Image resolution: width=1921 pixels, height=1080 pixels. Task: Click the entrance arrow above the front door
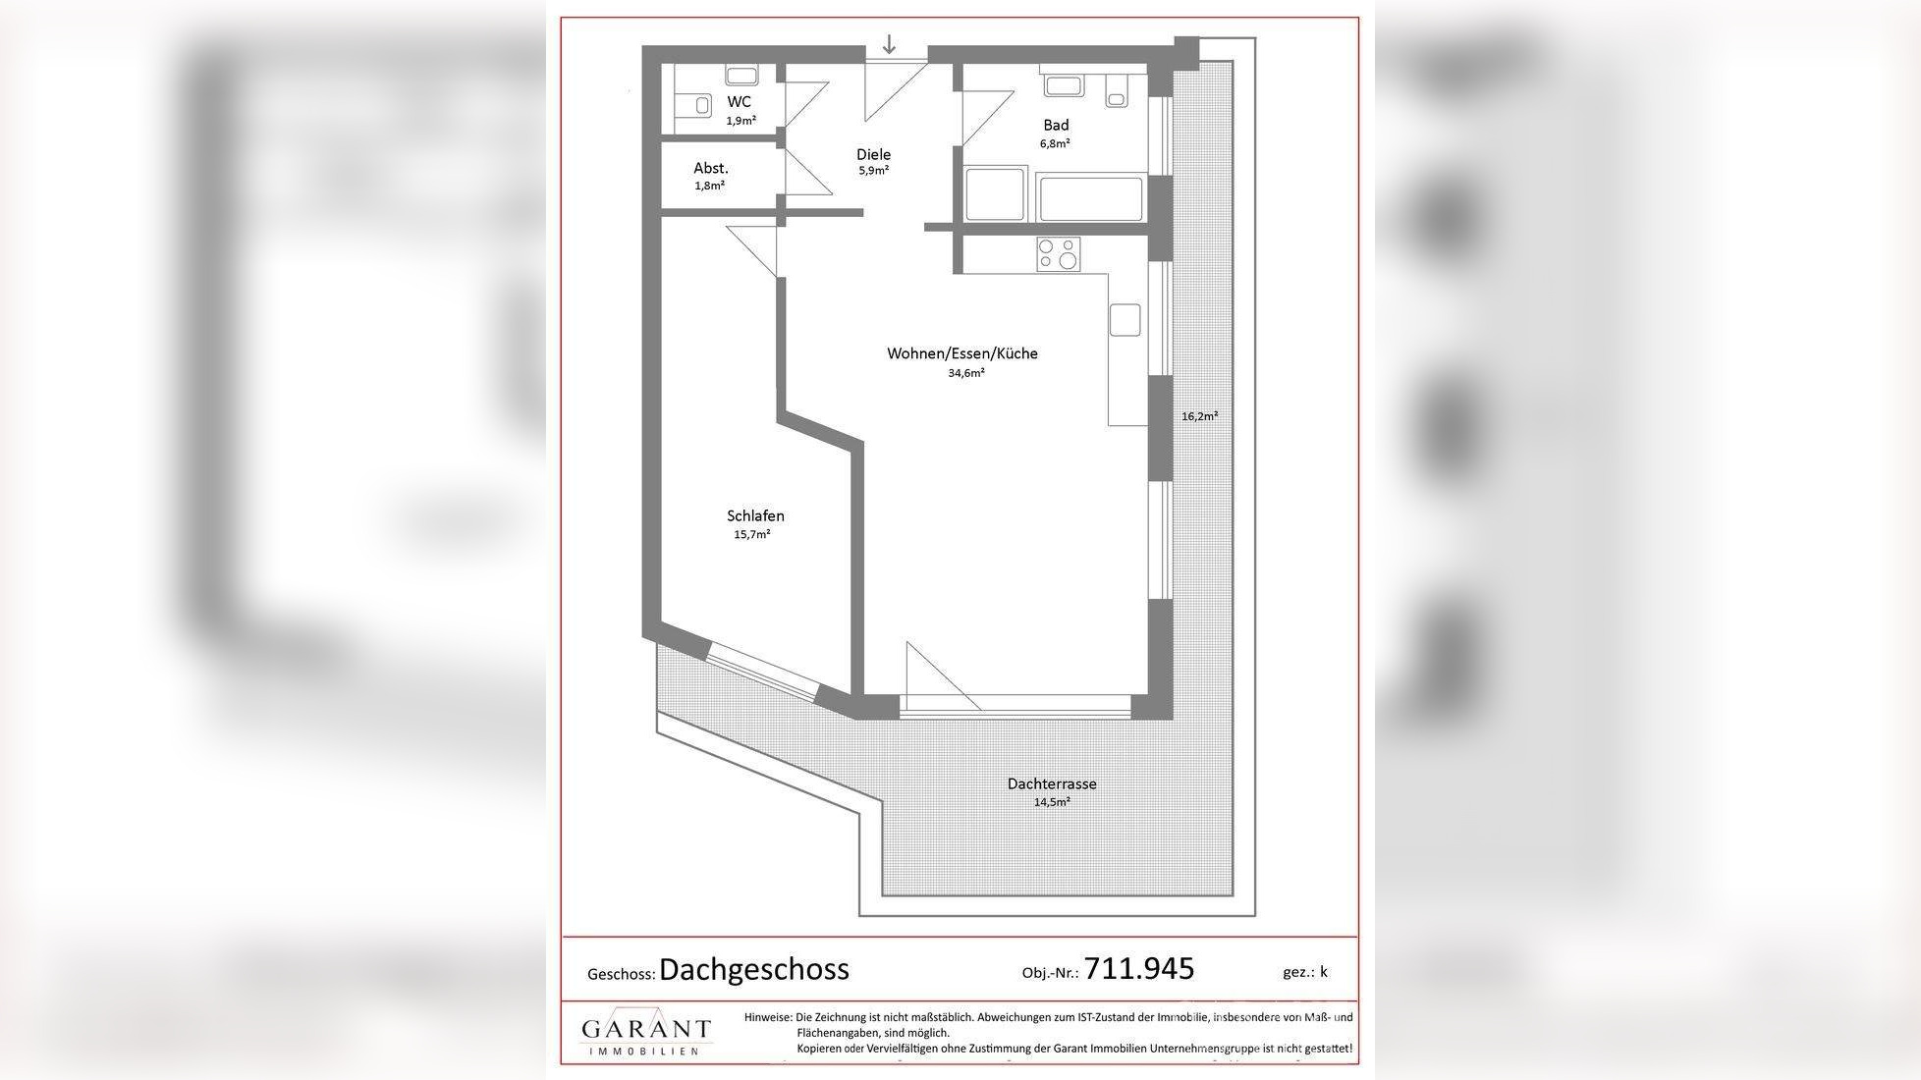(889, 44)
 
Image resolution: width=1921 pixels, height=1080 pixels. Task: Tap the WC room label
(739, 102)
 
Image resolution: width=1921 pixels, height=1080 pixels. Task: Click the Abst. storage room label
(710, 168)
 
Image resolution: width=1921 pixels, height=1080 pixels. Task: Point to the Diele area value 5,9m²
(873, 171)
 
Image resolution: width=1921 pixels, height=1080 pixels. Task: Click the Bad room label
(1056, 125)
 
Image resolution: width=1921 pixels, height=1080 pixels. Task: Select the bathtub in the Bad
(1090, 197)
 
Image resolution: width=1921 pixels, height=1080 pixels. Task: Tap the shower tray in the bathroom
(995, 194)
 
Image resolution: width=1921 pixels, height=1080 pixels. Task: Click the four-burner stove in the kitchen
(1059, 254)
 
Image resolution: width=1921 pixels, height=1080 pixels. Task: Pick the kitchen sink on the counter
(1125, 320)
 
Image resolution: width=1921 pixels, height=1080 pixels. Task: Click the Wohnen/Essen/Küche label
(961, 353)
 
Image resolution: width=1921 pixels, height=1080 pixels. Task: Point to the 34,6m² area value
(965, 373)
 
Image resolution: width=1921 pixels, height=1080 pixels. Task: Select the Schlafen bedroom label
(755, 515)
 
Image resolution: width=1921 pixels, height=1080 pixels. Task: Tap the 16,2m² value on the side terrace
(1199, 416)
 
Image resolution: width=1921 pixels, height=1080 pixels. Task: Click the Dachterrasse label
(1051, 783)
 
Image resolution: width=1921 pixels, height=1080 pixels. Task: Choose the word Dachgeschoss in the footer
(753, 970)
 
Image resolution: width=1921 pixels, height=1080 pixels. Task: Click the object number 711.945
(1139, 969)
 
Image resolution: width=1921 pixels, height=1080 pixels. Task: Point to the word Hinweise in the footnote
(767, 1018)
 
